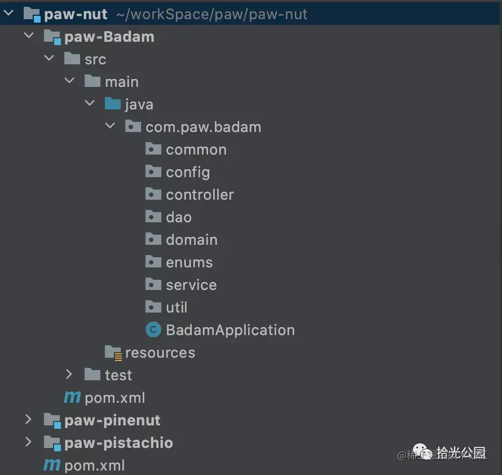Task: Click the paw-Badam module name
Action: coord(109,37)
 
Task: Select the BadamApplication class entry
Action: coord(230,330)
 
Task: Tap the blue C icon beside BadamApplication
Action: coord(153,330)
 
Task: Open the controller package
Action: coord(200,195)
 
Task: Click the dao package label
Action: coord(179,217)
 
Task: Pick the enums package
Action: coord(189,262)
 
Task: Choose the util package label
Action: coord(177,307)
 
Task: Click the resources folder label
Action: coord(160,353)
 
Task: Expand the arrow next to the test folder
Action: coord(69,375)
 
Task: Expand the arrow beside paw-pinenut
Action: coord(28,420)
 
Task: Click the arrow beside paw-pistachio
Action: coord(28,442)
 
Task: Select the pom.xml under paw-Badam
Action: coord(115,398)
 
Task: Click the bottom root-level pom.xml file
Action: coord(94,465)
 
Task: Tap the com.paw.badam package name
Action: coord(203,127)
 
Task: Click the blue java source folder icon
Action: coord(113,104)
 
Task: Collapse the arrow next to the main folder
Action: coord(69,81)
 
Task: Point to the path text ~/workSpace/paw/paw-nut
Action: coord(212,15)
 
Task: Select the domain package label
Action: coord(191,240)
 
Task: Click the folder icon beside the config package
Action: coord(153,171)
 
